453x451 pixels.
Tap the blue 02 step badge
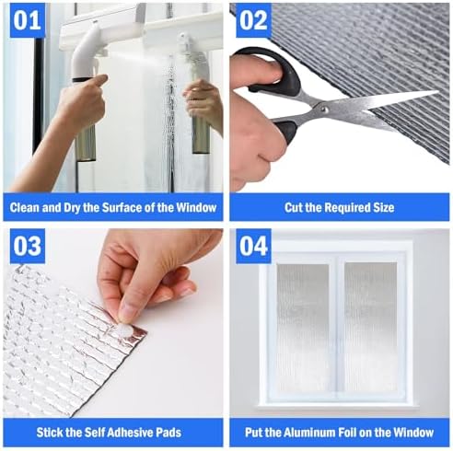253,21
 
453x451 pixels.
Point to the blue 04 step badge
253,248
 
